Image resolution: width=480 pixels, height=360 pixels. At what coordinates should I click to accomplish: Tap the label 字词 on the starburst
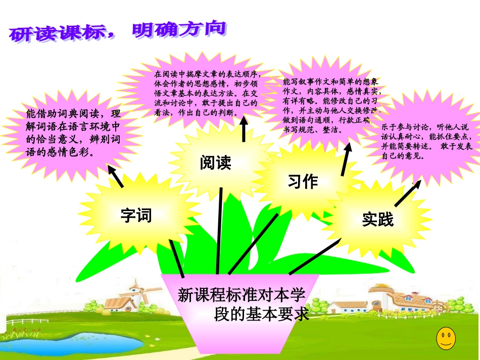click(136, 216)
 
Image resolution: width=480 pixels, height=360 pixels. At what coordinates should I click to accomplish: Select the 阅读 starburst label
click(215, 163)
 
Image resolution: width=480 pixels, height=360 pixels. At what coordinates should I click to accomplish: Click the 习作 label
click(303, 181)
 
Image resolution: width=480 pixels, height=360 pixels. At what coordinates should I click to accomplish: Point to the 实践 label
click(377, 220)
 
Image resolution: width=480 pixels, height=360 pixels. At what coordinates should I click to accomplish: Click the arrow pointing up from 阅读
click(244, 129)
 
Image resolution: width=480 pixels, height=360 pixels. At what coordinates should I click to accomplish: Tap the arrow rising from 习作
click(347, 159)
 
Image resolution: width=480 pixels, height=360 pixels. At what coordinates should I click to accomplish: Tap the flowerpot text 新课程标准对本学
click(242, 295)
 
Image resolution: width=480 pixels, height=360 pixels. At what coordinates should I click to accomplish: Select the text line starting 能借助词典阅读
click(74, 114)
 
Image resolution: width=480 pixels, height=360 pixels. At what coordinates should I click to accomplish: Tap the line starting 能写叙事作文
click(331, 82)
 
